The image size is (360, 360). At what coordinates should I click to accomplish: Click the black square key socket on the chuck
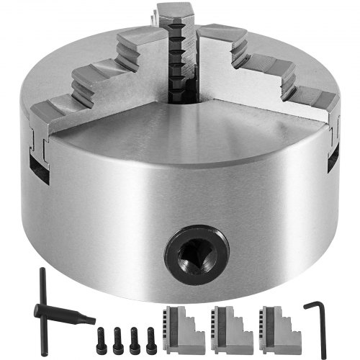coord(196,253)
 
